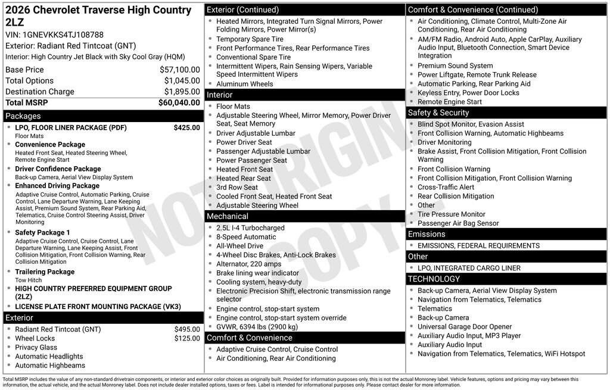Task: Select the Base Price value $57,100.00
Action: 179,70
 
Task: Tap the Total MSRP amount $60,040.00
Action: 179,102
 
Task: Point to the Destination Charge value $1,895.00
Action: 182,92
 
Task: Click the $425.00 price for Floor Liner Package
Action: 186,127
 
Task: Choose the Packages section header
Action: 23,116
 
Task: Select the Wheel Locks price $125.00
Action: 187,338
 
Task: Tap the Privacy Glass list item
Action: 36,347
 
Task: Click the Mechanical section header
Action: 227,216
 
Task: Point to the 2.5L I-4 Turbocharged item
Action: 250,228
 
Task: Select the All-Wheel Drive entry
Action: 239,246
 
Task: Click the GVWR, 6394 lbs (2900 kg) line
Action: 257,326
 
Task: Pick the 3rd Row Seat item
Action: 237,187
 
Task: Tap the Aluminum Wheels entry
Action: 244,84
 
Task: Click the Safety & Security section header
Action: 438,113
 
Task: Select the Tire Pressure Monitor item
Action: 451,214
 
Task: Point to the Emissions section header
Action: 427,234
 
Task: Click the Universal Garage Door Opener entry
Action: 465,327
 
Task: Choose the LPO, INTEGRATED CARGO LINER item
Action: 469,268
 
